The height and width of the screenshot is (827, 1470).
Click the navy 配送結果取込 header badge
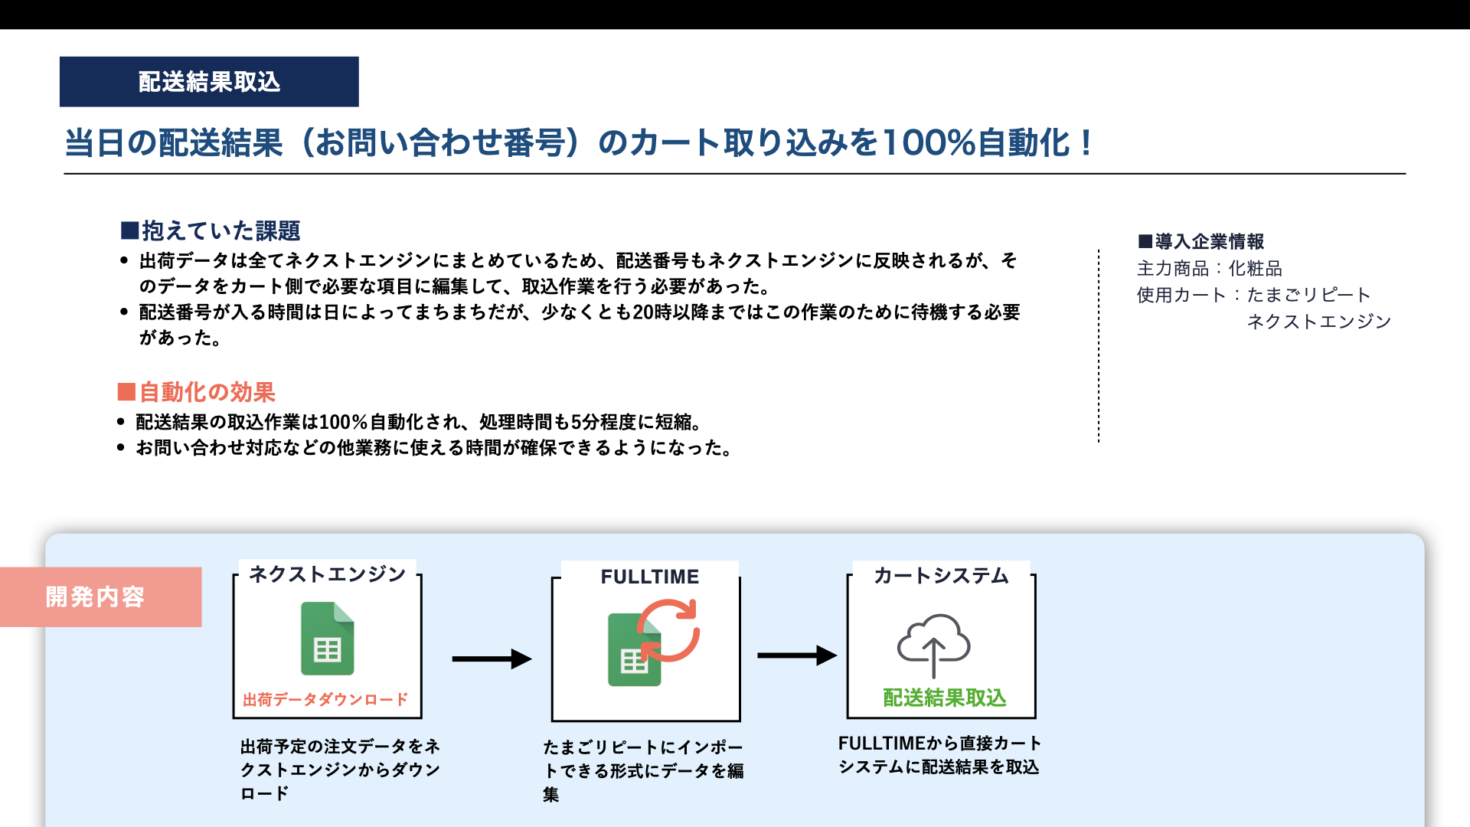point(209,82)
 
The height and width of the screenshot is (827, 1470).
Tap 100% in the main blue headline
point(929,143)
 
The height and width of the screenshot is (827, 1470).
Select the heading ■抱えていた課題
point(211,230)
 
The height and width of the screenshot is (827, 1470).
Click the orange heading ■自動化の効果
point(196,392)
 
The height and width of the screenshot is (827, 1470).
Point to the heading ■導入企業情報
point(1200,242)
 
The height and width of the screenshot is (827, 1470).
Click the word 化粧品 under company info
point(1256,269)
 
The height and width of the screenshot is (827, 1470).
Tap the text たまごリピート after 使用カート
point(1308,295)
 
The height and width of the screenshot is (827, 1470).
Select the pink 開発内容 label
point(101,597)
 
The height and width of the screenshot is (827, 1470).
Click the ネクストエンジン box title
point(328,574)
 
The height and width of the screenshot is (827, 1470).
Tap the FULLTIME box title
point(650,577)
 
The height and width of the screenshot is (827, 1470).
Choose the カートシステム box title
point(941,576)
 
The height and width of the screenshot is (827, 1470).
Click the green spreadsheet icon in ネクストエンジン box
point(328,639)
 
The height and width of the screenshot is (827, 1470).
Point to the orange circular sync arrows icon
point(668,630)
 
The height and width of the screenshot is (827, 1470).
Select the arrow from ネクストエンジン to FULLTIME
point(492,659)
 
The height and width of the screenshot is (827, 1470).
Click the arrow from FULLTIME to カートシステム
point(797,655)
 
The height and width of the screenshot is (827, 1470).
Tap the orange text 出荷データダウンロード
point(325,700)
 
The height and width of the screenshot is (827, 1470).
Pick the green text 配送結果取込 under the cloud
point(945,698)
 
